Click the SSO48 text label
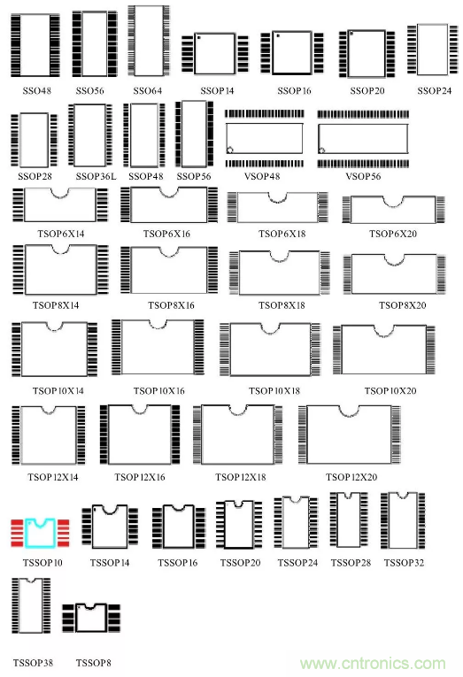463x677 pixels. tap(36, 90)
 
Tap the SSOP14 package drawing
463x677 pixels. tap(214, 54)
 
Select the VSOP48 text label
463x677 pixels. tap(262, 176)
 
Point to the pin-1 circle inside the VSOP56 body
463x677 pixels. tap(321, 150)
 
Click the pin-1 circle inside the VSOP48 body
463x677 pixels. tap(230, 150)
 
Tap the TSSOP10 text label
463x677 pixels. tap(42, 563)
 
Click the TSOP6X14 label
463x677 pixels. tap(61, 234)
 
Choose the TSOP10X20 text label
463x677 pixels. tap(390, 391)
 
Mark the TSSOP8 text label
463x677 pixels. tap(93, 663)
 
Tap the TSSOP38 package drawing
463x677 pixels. tap(31, 605)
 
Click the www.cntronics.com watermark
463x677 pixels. tap(373, 663)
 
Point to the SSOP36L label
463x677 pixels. tap(96, 176)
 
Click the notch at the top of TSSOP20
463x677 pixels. tap(238, 504)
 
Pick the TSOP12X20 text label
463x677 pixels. tap(351, 477)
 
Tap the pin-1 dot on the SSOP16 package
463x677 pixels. tap(278, 35)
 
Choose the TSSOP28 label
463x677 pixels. tap(351, 563)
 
